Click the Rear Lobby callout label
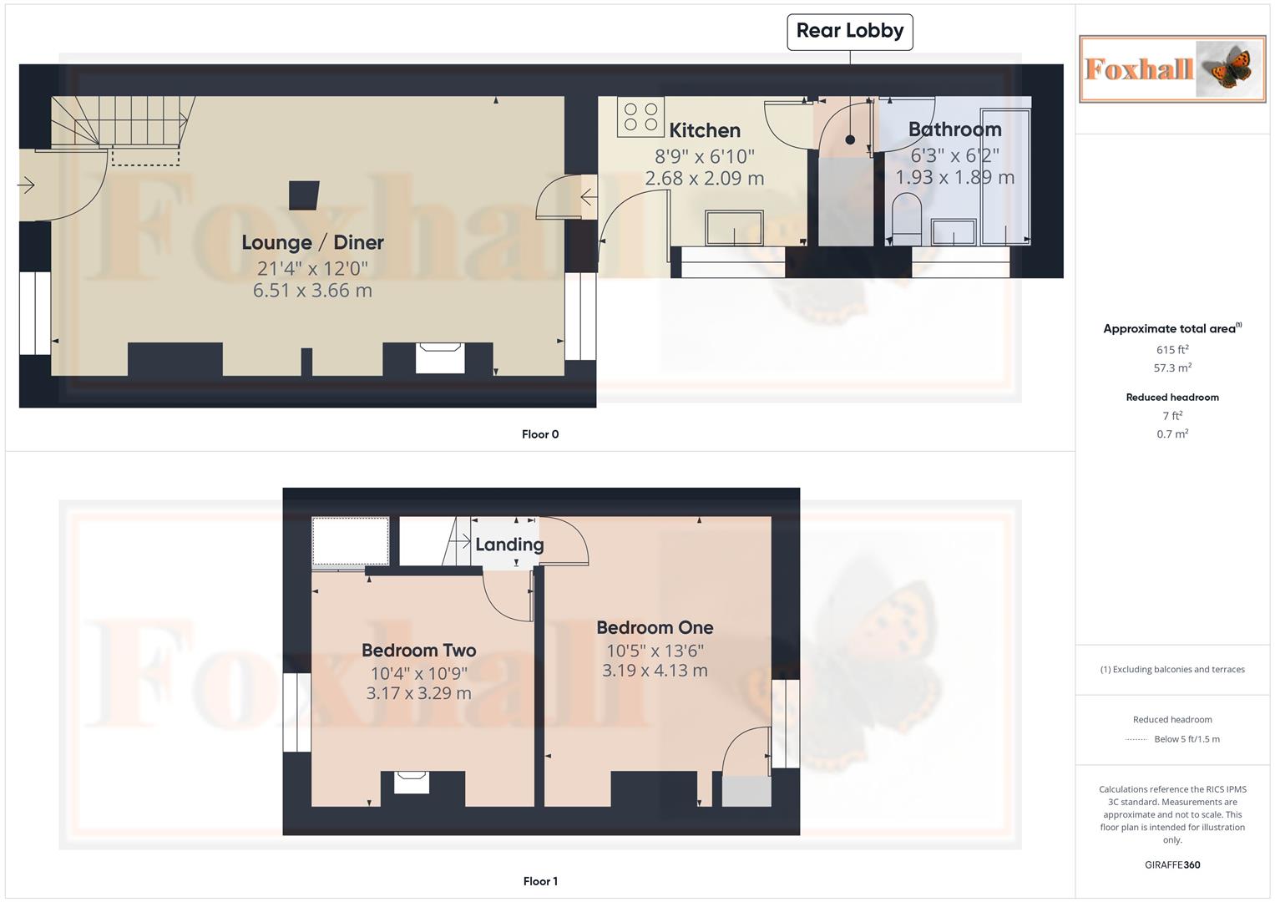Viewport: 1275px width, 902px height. click(850, 32)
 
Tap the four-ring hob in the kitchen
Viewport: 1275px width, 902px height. click(640, 117)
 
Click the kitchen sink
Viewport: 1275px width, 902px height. click(734, 228)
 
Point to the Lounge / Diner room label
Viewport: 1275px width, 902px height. click(312, 242)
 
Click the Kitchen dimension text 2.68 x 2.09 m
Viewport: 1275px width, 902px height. click(705, 178)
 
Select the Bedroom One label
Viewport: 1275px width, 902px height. click(655, 627)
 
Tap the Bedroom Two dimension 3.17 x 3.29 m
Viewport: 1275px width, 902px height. click(419, 693)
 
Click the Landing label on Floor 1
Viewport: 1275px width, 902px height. click(509, 545)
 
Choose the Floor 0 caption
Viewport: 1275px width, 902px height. click(540, 434)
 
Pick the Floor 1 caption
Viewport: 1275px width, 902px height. click(540, 881)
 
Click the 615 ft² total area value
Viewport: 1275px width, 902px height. click(1172, 350)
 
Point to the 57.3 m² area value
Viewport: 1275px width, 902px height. click(1172, 367)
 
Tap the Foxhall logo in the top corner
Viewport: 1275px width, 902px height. click(1172, 68)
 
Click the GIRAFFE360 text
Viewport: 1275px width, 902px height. click(1172, 865)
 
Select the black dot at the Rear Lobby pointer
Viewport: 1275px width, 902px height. click(850, 139)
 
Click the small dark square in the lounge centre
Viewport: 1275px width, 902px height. click(304, 195)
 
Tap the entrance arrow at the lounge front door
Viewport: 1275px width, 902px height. click(26, 185)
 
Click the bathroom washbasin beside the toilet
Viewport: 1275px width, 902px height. click(954, 232)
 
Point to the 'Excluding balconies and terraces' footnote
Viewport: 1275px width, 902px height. click(1172, 670)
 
